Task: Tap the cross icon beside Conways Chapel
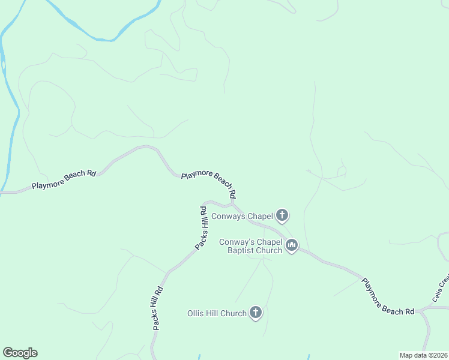click(283, 215)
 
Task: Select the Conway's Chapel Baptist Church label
click(250, 246)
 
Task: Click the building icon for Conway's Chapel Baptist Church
click(292, 245)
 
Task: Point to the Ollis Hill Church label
click(217, 313)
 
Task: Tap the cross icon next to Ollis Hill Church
click(256, 312)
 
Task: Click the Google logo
click(20, 353)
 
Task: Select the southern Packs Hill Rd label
click(158, 308)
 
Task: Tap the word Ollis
click(196, 313)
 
